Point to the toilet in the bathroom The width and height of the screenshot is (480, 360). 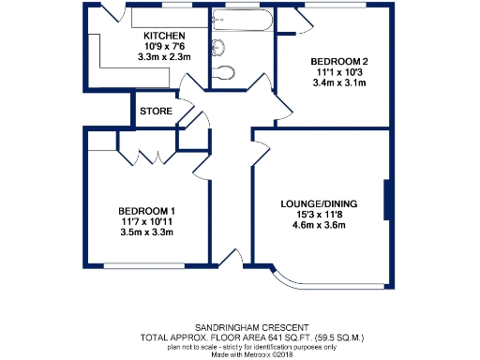(x=226, y=72)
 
